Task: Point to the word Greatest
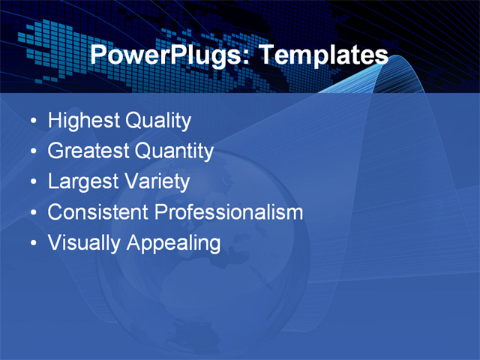coord(88,151)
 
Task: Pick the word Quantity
coord(174,151)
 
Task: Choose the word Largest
coord(82,181)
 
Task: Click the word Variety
coord(156,181)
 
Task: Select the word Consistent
coord(98,212)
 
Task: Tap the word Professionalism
coord(229,212)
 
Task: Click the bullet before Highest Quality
coord(31,121)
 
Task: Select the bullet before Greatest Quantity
coord(31,152)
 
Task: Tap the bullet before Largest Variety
coord(31,183)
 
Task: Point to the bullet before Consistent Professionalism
coord(31,214)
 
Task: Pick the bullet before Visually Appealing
coord(31,244)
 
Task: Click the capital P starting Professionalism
coord(160,212)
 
